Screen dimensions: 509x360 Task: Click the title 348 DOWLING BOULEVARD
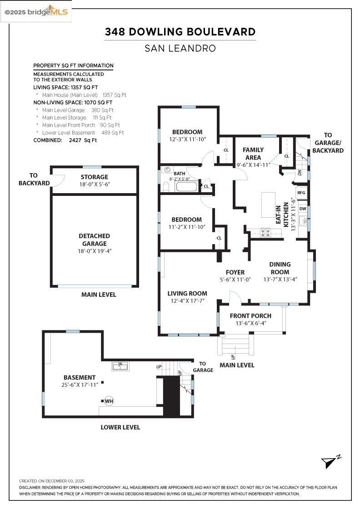(x=180, y=32)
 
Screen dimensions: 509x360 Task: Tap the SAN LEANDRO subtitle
(x=180, y=48)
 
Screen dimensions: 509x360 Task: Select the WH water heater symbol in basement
(x=109, y=401)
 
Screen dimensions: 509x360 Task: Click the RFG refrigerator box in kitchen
(x=301, y=193)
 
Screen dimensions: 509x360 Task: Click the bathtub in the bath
(x=186, y=186)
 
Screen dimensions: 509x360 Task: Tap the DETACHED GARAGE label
(x=94, y=240)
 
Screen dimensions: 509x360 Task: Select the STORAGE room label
(x=94, y=177)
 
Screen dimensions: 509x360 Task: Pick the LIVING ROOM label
(x=187, y=294)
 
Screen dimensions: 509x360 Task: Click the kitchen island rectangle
(x=268, y=205)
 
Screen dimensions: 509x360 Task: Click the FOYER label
(x=235, y=272)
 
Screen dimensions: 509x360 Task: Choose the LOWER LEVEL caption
(x=120, y=427)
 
